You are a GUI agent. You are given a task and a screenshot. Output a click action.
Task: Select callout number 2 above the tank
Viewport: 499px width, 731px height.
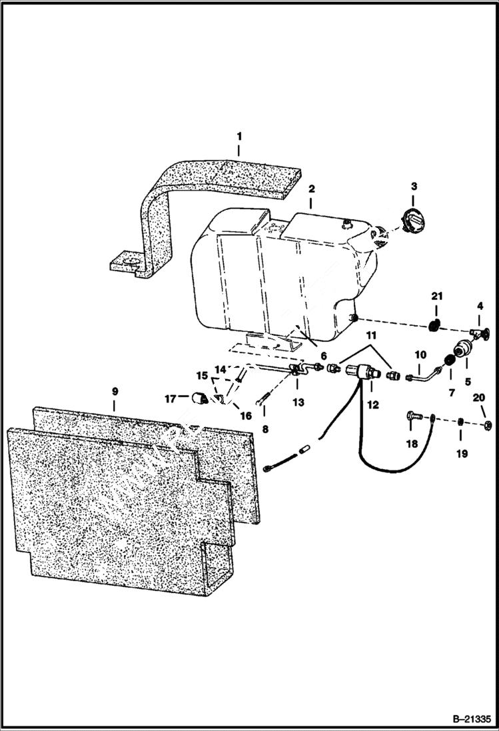[310, 189]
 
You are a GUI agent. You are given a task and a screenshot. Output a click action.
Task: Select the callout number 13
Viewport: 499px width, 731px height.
[298, 402]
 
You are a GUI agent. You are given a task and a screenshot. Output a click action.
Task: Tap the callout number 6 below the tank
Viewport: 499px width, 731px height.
[324, 357]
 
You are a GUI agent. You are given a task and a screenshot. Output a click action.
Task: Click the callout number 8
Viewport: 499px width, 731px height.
[265, 430]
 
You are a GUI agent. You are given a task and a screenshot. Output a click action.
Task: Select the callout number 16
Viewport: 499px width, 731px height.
[246, 416]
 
